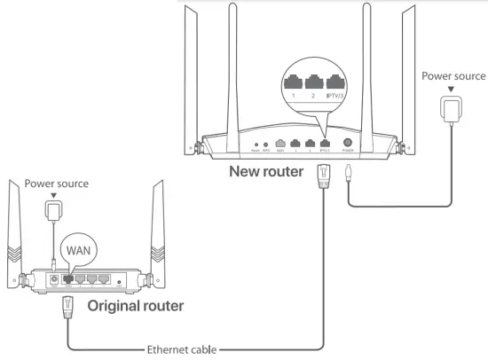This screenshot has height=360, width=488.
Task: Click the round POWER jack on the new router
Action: click(347, 142)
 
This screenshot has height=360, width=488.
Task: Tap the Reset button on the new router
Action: click(256, 143)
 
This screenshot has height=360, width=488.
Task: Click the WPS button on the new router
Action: click(267, 143)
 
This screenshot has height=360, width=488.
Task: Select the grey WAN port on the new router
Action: click(280, 142)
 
